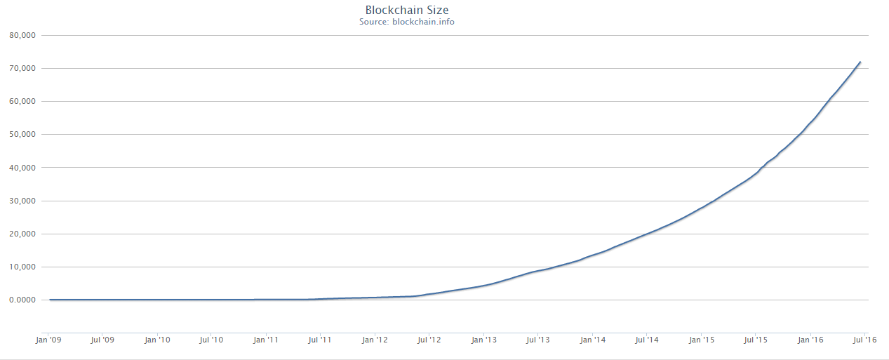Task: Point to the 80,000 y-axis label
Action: click(x=23, y=35)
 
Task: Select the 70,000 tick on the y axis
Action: click(x=23, y=68)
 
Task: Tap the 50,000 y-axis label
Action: click(x=23, y=135)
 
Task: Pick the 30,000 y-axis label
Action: click(x=23, y=201)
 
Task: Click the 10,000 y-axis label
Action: click(x=23, y=267)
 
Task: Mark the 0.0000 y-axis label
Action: click(x=25, y=300)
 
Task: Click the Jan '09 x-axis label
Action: click(x=48, y=340)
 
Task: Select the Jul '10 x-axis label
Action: click(x=211, y=340)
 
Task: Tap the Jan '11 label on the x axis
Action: click(x=265, y=340)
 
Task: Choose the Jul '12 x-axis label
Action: click(x=429, y=340)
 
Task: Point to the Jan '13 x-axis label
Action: click(x=483, y=340)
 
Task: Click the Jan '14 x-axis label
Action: click(x=592, y=340)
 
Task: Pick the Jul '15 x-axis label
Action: click(x=755, y=340)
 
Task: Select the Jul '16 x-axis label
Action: click(x=864, y=340)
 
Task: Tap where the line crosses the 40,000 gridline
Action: click(x=762, y=168)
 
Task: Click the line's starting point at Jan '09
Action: click(x=50, y=300)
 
